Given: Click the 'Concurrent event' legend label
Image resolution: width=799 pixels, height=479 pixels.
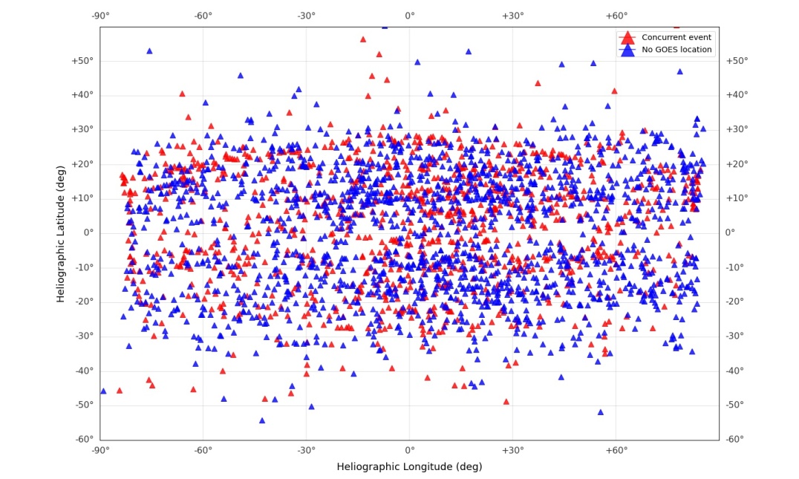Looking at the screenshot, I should tap(676, 37).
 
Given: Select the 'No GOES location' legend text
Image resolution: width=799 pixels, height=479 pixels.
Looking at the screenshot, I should tap(676, 50).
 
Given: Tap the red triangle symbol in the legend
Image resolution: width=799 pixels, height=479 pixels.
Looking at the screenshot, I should tap(627, 37).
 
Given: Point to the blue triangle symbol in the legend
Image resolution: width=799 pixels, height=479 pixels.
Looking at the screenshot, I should tap(627, 50).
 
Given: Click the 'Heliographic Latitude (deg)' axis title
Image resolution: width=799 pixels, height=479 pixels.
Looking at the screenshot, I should tap(61, 233).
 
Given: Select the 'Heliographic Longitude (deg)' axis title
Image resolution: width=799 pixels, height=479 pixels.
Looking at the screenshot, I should tap(409, 466).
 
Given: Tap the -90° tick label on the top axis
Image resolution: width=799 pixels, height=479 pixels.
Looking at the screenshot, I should tap(100, 16).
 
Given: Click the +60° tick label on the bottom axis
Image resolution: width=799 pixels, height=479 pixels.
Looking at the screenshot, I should tap(616, 450).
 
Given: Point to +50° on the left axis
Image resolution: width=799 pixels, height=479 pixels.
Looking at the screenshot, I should tap(82, 61).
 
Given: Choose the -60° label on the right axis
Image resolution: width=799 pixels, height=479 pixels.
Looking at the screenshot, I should tap(735, 440).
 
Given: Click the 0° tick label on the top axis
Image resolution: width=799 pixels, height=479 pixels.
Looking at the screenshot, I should tap(410, 16).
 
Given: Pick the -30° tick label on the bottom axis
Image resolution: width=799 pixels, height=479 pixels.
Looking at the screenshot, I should tap(307, 450).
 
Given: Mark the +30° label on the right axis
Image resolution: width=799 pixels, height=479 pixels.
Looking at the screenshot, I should tap(736, 129).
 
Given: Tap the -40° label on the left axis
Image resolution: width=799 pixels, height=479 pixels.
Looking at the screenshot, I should tap(82, 371).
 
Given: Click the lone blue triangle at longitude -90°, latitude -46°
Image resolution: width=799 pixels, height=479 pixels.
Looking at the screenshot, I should tap(103, 391).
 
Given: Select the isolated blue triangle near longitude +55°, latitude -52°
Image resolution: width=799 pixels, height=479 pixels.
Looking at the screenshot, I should tap(601, 411).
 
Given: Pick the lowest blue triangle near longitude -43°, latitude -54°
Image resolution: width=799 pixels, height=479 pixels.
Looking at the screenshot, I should tap(262, 420).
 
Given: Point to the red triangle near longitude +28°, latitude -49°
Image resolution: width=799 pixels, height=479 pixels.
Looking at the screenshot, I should tap(506, 401).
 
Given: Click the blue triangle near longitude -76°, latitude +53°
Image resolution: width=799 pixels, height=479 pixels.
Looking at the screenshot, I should tap(149, 51).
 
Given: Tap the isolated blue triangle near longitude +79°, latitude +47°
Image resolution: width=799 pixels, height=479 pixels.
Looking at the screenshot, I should tap(679, 71).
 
